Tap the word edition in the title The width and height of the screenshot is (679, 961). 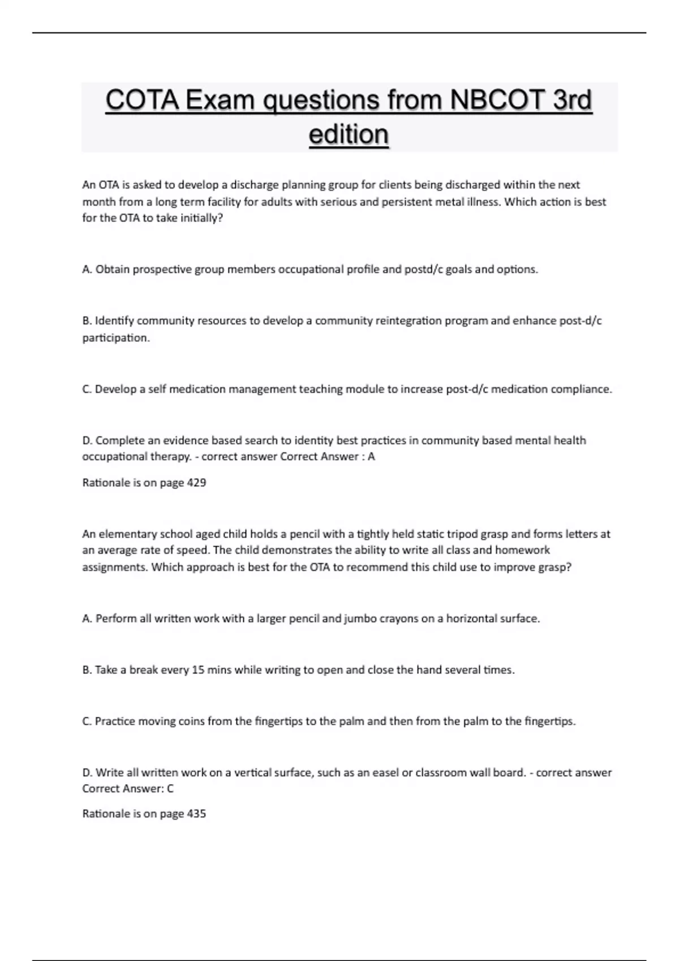(349, 135)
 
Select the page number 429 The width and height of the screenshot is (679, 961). (196, 483)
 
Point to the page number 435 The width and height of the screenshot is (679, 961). (196, 814)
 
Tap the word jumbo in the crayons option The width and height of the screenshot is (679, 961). (360, 619)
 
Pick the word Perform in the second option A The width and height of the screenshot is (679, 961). (116, 619)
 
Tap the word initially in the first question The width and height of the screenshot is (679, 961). (201, 219)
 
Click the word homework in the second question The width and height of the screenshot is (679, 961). (522, 550)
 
